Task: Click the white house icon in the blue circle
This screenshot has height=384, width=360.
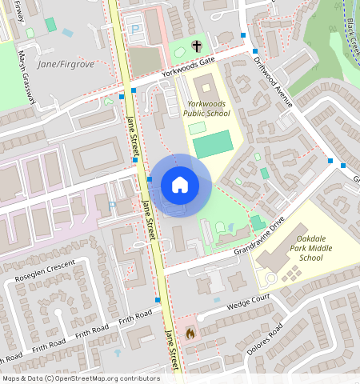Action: point(180,186)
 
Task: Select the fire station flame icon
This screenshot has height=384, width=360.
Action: point(190,332)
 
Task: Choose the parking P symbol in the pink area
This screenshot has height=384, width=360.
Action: point(112,206)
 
